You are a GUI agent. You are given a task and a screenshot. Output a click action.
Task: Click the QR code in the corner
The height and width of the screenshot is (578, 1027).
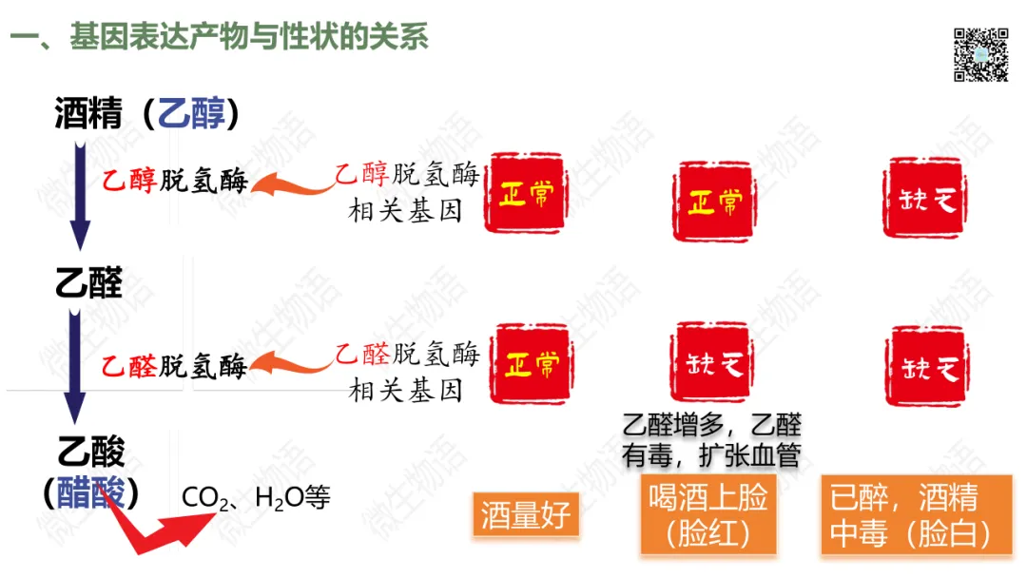click(980, 54)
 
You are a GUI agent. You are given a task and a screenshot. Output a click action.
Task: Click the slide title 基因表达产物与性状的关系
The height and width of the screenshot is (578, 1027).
click(249, 36)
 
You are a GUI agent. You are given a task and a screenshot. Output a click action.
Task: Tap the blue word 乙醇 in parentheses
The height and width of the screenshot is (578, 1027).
click(191, 112)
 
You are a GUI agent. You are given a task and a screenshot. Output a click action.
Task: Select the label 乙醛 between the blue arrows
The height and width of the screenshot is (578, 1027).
click(89, 282)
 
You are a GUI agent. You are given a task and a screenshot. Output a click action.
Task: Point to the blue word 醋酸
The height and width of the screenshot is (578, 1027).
click(90, 492)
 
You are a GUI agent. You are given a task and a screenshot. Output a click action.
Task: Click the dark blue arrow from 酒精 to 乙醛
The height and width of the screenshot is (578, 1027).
click(80, 196)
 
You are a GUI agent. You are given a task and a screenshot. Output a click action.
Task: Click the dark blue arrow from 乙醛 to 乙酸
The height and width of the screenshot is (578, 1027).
click(75, 367)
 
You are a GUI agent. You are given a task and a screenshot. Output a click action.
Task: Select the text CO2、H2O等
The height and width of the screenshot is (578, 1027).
click(256, 498)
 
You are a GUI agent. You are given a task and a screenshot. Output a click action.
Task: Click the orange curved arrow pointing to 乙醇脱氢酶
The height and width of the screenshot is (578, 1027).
click(292, 184)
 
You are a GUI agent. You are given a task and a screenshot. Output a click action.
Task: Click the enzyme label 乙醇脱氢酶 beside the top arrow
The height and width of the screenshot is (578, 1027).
click(175, 180)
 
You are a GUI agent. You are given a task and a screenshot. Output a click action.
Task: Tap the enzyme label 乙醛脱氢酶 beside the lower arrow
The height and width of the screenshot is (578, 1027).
click(174, 366)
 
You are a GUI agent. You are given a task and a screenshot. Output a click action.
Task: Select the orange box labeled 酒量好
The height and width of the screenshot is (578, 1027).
click(526, 514)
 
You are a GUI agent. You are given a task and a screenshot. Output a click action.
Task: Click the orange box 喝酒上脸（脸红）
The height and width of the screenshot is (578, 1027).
click(708, 515)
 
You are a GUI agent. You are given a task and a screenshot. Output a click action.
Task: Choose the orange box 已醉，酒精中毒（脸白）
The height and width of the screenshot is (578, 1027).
click(917, 515)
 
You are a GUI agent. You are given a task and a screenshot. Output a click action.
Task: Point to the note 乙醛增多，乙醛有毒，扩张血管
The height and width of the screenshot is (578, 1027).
click(712, 440)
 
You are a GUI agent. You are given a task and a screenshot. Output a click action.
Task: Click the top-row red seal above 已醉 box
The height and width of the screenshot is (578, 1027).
click(925, 198)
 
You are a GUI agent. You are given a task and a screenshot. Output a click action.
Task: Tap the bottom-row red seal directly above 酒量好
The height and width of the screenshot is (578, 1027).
click(532, 363)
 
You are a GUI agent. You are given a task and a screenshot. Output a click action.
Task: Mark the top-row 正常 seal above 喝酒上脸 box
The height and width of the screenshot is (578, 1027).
click(714, 201)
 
